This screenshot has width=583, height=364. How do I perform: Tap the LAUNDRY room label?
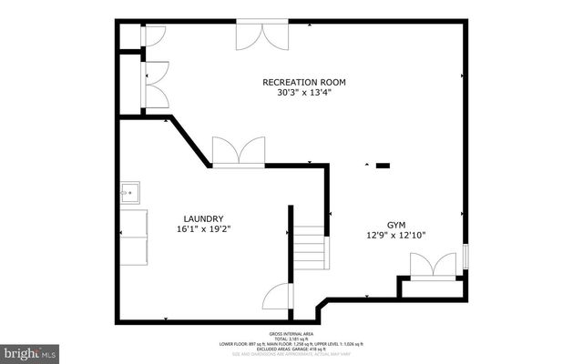pyautogui.click(x=203, y=218)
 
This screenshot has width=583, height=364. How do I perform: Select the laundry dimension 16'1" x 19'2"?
pyautogui.click(x=203, y=229)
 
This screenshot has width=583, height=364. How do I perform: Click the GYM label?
pyautogui.click(x=396, y=224)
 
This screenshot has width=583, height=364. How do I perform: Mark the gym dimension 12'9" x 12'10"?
pyautogui.click(x=396, y=235)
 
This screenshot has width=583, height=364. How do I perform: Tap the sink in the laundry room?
pyautogui.click(x=129, y=194)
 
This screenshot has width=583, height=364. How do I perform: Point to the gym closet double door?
pyautogui.click(x=434, y=267)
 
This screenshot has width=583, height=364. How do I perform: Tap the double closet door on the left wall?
pyautogui.click(x=154, y=84)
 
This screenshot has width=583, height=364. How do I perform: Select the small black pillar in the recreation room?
pyautogui.click(x=383, y=166)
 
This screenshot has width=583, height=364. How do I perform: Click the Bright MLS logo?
pyautogui.click(x=29, y=350)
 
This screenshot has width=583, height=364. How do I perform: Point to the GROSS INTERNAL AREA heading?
pyautogui.click(x=291, y=334)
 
